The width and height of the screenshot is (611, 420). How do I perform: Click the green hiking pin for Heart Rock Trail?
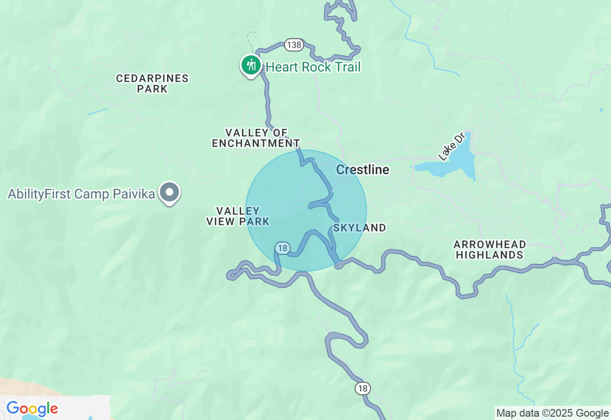click(x=251, y=65)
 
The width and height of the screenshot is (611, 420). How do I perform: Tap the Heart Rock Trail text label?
click(x=313, y=67)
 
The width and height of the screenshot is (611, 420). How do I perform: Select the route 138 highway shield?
click(x=294, y=45)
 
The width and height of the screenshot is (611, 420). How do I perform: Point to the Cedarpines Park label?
click(x=152, y=84)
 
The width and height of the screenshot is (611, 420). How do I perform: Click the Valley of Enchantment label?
click(x=256, y=138)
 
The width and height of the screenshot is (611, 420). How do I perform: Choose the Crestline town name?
click(x=363, y=170)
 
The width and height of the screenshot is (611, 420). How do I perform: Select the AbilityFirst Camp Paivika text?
click(x=81, y=194)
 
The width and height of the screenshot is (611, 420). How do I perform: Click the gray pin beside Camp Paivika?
click(x=169, y=193)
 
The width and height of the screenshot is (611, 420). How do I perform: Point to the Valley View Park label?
click(x=238, y=216)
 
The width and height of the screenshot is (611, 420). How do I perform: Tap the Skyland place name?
click(x=359, y=228)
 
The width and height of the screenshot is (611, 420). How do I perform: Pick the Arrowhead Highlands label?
click(x=490, y=250)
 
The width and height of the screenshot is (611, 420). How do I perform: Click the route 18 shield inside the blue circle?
click(x=282, y=248)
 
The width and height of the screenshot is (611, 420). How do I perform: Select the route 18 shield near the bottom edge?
click(x=363, y=388)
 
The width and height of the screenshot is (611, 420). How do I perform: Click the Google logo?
click(x=32, y=409)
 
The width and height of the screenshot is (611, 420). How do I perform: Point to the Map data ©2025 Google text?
click(x=552, y=413)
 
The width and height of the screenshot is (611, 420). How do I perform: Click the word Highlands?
click(x=490, y=255)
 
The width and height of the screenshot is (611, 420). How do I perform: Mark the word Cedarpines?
click(x=152, y=78)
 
